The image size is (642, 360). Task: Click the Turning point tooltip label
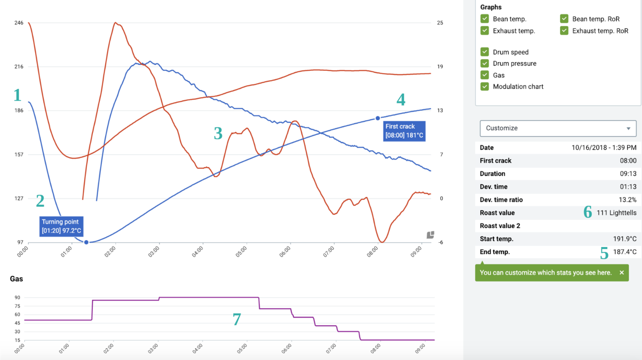61,226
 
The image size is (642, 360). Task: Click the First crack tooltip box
404,131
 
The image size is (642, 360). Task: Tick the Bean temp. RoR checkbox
564,19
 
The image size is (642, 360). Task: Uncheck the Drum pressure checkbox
485,64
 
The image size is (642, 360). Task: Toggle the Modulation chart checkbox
485,86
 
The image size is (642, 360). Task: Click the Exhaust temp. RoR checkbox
564,30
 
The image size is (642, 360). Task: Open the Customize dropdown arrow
628,128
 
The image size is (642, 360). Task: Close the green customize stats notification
622,273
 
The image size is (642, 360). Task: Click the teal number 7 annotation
237,319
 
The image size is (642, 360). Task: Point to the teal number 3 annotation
218,133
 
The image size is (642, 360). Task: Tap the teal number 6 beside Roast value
588,212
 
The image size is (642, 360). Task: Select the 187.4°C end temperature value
625,252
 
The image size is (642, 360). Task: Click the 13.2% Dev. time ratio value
628,200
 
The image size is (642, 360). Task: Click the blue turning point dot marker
86,242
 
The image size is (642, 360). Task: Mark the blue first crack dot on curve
378,119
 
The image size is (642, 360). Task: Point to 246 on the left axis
19,23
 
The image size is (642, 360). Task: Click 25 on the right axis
440,23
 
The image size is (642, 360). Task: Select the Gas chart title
17,279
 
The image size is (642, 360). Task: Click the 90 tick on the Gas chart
17,298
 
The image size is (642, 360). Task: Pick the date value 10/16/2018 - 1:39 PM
604,148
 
